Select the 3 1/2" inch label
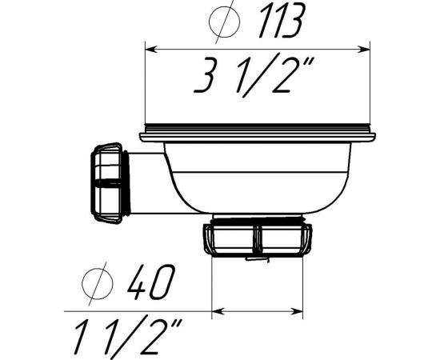pos(254,76)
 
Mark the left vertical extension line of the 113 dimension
pos(144,88)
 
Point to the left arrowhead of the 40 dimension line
pos(217,310)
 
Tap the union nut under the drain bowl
pos(257,238)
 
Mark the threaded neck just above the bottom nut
pos(257,218)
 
